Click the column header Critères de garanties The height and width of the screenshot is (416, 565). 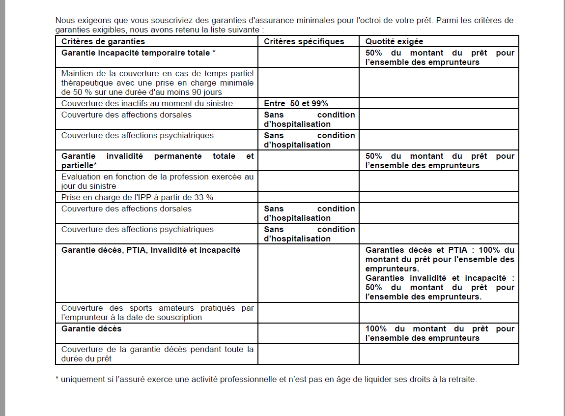tap(103, 42)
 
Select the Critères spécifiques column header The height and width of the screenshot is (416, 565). tap(304, 42)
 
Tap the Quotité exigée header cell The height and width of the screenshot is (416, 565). tap(394, 42)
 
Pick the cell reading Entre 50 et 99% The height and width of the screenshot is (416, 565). tap(296, 103)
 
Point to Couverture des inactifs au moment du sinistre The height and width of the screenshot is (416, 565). tap(147, 103)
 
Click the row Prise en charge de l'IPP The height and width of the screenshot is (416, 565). tap(137, 197)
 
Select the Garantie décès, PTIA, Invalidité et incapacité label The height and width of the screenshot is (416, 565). tap(151, 250)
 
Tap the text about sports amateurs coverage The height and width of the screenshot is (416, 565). tap(157, 313)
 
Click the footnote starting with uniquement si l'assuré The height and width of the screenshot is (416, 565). tap(266, 380)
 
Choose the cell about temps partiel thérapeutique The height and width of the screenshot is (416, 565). tap(157, 83)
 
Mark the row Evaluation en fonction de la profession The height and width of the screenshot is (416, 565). tap(157, 181)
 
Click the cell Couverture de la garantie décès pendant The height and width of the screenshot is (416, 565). tap(157, 354)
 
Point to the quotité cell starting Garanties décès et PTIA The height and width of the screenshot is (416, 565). tap(439, 273)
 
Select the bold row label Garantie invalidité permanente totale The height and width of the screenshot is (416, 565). tap(157, 160)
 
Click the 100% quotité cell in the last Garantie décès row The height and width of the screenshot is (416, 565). tap(439, 333)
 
